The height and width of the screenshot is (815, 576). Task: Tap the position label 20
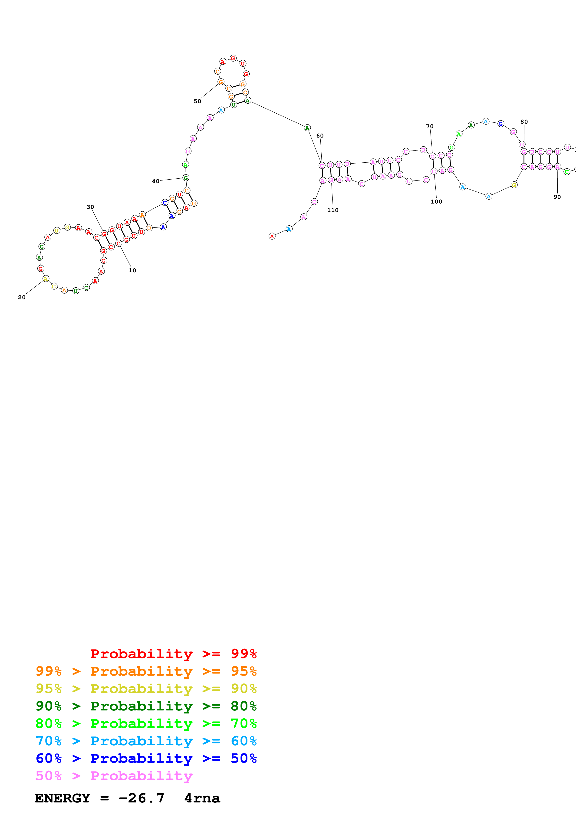click(22, 297)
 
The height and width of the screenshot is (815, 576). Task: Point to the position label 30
click(90, 207)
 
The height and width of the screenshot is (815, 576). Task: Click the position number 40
click(155, 181)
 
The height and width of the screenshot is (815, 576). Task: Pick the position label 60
click(320, 136)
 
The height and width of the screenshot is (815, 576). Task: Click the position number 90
click(557, 197)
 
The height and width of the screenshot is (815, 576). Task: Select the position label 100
click(436, 202)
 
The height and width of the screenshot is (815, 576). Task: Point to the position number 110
click(332, 210)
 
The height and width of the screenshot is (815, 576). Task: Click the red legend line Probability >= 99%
click(173, 654)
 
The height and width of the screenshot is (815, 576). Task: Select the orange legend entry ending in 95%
click(146, 671)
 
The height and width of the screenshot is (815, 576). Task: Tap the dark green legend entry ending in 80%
click(146, 706)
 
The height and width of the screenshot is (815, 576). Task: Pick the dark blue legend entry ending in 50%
click(146, 758)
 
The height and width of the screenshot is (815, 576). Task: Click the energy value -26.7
click(141, 798)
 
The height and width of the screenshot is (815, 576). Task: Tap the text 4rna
click(202, 798)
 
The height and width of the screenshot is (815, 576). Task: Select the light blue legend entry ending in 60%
click(146, 741)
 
